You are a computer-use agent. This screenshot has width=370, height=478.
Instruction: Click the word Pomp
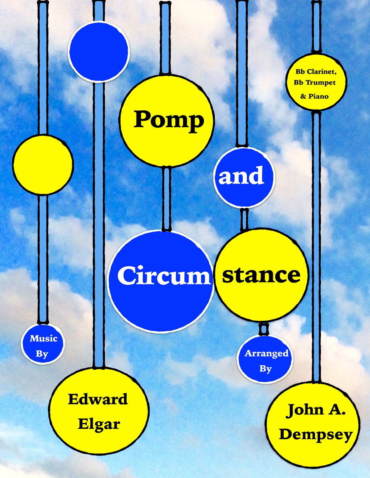point(169,120)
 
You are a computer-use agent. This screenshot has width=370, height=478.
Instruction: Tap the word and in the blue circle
point(241,176)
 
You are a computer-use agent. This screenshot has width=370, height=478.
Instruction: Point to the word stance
point(261,275)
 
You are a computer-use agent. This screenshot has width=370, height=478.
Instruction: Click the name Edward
point(98,399)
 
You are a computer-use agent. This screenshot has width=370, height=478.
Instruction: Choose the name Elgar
point(99,424)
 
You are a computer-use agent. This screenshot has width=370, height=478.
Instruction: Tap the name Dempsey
point(316,434)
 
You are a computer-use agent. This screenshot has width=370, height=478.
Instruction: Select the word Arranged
point(266,353)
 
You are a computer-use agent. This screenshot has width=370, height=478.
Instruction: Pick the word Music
point(43,338)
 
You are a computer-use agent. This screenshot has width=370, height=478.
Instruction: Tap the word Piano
point(318,97)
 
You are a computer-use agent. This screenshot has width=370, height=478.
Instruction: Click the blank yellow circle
point(43,164)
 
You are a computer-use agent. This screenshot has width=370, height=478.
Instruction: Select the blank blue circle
point(99,51)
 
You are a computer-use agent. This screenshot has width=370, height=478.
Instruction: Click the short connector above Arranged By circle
point(264,329)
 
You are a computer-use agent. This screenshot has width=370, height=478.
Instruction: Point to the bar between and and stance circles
point(245,219)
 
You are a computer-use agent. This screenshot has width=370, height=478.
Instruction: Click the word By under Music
point(42,354)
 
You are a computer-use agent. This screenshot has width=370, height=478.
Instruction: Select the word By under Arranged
point(265,369)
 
